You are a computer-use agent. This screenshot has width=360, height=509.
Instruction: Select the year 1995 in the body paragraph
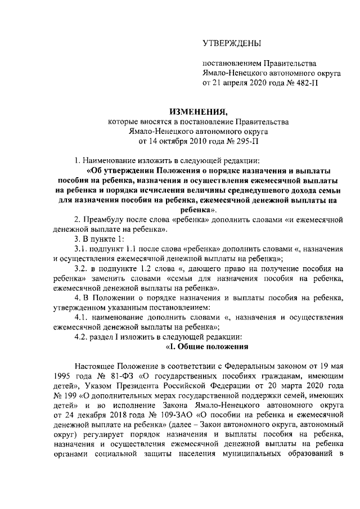(64, 376)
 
